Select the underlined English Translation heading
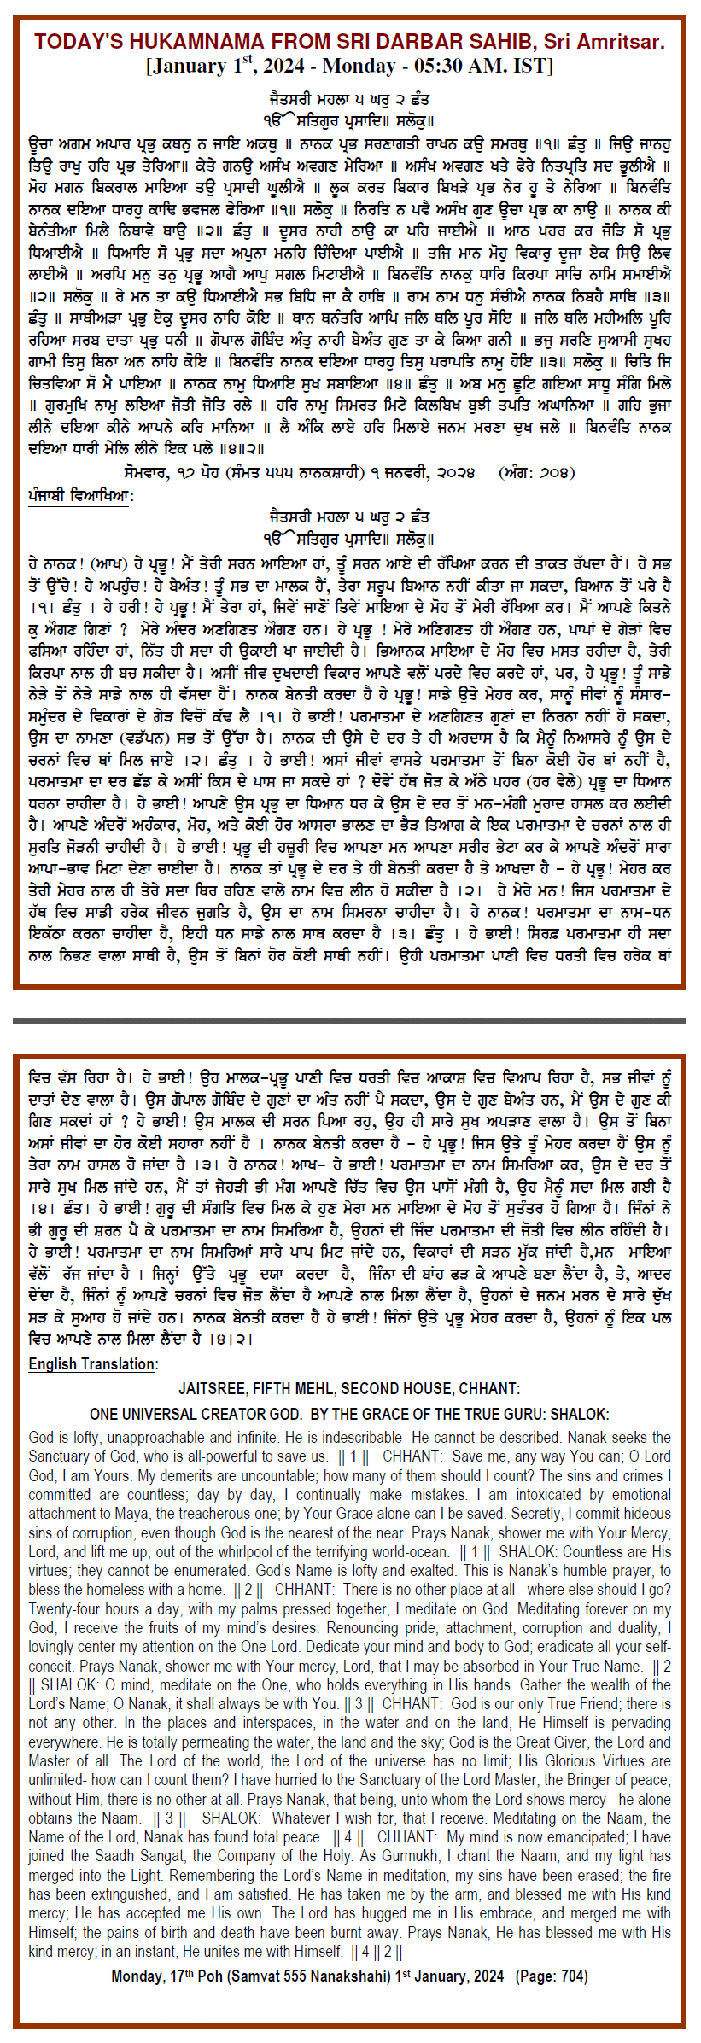(92, 1363)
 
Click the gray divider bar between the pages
(350, 1020)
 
